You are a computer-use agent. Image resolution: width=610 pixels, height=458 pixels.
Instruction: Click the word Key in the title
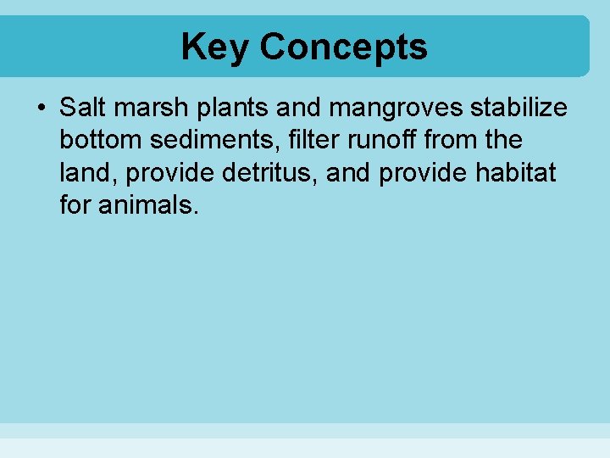point(214,47)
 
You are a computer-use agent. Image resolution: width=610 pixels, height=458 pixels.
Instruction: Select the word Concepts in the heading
point(343,47)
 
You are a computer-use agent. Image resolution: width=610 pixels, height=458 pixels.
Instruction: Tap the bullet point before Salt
point(41,109)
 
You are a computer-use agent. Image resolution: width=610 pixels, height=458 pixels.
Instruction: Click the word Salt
point(82,108)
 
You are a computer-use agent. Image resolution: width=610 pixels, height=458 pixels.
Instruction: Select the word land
point(87,172)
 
